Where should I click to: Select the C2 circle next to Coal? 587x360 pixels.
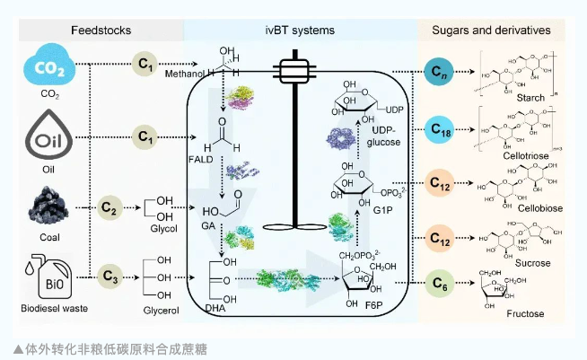109,206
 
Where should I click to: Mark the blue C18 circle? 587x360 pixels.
437,132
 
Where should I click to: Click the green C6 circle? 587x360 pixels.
437,285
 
